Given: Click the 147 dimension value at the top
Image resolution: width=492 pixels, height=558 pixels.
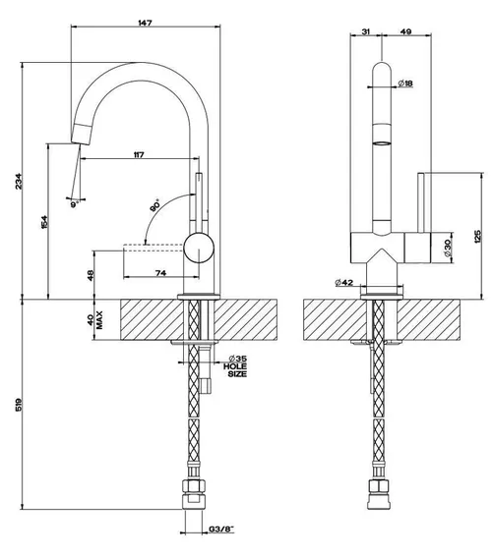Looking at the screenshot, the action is [145, 23].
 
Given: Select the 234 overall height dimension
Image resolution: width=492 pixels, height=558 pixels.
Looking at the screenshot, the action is [19, 181].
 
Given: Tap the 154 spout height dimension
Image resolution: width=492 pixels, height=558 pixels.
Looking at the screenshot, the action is [44, 222].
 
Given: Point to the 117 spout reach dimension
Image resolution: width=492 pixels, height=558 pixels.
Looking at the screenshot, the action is [139, 155].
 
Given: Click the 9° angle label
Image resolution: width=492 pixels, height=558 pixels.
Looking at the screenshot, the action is [75, 204].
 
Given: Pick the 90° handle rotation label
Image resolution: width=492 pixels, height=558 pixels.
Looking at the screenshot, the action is [154, 206].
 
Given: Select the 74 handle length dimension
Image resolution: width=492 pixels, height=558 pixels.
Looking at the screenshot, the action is [160, 273].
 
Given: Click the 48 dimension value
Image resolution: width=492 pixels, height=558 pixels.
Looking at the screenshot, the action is [91, 275].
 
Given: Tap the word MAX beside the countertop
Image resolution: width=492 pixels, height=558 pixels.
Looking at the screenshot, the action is [99, 320].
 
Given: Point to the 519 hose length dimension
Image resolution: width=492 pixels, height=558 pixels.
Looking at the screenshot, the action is [19, 405].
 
